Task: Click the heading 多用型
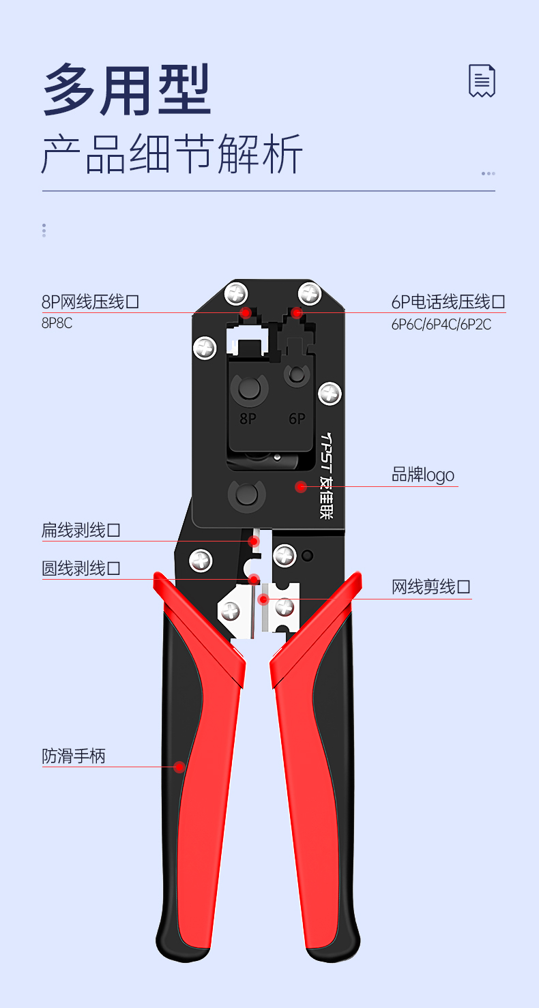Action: click(127, 89)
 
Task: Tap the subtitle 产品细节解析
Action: click(172, 154)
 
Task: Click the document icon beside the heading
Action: click(482, 81)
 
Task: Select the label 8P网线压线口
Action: click(90, 301)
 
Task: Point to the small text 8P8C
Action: click(57, 323)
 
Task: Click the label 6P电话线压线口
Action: click(448, 301)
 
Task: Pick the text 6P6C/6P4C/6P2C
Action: click(441, 325)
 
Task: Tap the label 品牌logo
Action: click(422, 475)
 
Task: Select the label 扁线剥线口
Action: click(81, 530)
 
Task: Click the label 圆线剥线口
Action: click(81, 568)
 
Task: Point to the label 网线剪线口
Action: click(431, 587)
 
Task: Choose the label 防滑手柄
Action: click(74, 756)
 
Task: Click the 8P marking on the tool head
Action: click(248, 418)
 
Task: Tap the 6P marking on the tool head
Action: click(297, 418)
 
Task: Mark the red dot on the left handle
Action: click(179, 767)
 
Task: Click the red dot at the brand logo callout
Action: click(300, 486)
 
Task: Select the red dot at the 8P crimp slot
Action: click(246, 312)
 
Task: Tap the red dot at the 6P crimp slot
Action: click(296, 312)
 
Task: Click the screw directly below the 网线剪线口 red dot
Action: click(285, 607)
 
